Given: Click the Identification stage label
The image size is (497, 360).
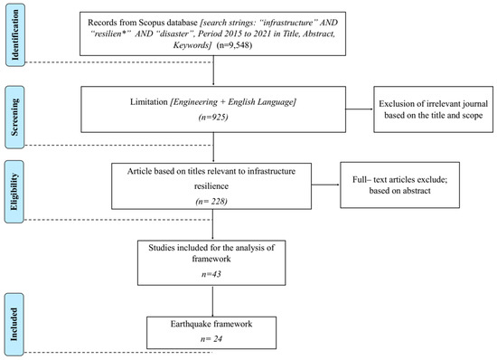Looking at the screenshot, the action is tap(14, 35).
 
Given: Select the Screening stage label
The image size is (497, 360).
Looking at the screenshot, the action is tap(14, 117).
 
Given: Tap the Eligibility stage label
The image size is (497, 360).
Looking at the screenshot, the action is tap(14, 192).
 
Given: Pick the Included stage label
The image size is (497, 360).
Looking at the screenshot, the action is tap(14, 324).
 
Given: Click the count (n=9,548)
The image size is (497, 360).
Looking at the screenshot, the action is tap(234, 45).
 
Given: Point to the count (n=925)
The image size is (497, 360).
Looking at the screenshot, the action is tap(213, 118).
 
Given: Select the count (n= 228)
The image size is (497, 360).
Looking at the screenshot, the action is tap(211, 201).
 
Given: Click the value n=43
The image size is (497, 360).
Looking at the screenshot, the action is tap(211, 274).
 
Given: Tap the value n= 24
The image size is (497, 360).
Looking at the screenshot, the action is tap(211, 339).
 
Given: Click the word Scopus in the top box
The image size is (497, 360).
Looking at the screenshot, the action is tap(152, 23).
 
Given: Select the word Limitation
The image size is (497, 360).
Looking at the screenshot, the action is tap(149, 102).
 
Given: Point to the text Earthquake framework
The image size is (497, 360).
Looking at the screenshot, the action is tap(211, 324).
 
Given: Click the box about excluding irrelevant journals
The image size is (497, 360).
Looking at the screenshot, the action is tap(433, 109).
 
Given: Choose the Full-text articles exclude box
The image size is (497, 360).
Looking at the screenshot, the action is tap(399, 185).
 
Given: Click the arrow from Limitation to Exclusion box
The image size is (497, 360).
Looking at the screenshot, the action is tap(360, 109).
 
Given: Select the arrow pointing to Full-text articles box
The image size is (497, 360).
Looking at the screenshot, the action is tap(325, 185).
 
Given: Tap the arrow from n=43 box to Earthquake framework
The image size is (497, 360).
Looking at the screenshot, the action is tap(212, 300).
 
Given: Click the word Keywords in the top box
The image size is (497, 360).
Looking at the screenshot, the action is tap(191, 45).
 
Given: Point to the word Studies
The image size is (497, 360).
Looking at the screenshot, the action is tap(162, 248).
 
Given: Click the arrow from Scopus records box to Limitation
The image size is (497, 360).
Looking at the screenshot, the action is tap(213, 71).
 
